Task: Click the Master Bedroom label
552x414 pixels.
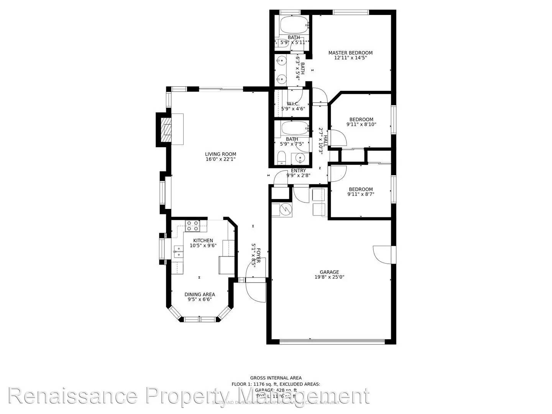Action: pos(350,53)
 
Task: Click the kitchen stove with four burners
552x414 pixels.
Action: pos(192,226)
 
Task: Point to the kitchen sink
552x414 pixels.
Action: pos(179,251)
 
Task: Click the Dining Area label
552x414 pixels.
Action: pos(200,294)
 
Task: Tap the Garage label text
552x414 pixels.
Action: pos(329,272)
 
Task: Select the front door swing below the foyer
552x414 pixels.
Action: pos(255,292)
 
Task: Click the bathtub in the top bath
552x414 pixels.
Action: pos(294,25)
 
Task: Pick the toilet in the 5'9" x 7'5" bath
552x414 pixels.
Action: pos(281,158)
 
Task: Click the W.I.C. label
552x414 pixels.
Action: pos(293,104)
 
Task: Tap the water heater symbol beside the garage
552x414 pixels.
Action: pos(286,209)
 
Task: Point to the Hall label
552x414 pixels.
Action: pos(325,141)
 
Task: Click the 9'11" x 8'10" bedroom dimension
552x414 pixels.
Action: pos(361,124)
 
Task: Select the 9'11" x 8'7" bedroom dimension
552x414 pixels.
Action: pos(361,194)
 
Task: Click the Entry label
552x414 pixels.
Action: pos(298,171)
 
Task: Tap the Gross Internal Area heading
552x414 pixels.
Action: pos(276,378)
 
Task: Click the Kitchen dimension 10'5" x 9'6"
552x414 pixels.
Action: pos(203,245)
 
